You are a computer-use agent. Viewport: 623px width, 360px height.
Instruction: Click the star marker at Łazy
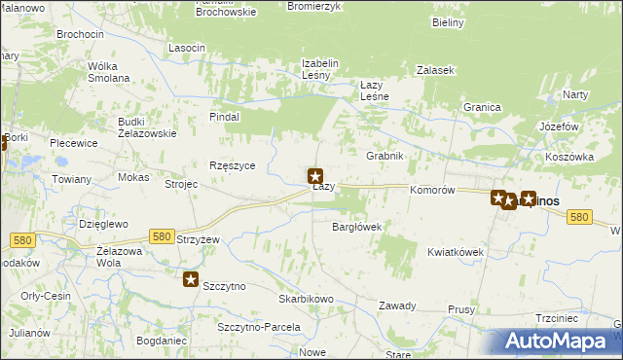pyautogui.click(x=315, y=176)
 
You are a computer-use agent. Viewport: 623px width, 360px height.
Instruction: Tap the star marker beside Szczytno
pyautogui.click(x=192, y=280)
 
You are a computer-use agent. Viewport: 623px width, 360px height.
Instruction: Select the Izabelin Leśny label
pyautogui.click(x=319, y=69)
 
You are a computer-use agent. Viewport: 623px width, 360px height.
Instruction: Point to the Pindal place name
pyautogui.click(x=224, y=116)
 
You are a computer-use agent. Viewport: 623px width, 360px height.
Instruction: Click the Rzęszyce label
pyautogui.click(x=233, y=165)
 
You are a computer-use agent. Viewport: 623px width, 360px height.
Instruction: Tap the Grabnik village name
pyautogui.click(x=385, y=156)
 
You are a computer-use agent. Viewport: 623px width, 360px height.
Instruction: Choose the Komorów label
pyautogui.click(x=433, y=191)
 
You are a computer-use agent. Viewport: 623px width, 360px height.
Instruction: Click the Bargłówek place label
pyautogui.click(x=356, y=227)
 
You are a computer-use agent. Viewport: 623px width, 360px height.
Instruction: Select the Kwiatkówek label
pyautogui.click(x=456, y=251)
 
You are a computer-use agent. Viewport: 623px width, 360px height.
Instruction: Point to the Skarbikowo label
pyautogui.click(x=307, y=299)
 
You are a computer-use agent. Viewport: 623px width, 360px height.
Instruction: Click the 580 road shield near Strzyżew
pyautogui.click(x=163, y=236)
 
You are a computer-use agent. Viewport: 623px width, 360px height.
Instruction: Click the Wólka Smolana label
pyautogui.click(x=109, y=72)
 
